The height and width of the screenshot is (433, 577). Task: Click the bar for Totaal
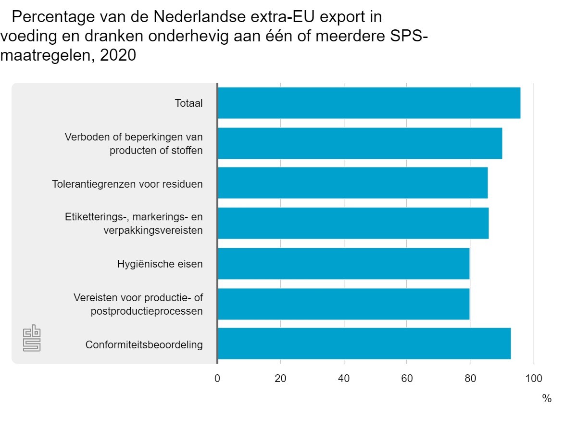click(369, 103)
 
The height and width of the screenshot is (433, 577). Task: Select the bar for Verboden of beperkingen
click(360, 143)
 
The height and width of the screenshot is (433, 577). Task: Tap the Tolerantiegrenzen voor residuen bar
click(352, 183)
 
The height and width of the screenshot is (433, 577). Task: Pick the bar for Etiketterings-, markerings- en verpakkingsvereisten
click(353, 223)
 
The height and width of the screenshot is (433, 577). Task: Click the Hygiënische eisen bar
click(343, 264)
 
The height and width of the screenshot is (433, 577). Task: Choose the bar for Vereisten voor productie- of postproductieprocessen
click(343, 304)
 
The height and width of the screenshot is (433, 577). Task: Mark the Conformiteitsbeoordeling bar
click(364, 344)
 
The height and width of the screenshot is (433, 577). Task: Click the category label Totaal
click(188, 103)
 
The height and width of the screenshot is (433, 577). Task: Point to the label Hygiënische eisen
click(160, 264)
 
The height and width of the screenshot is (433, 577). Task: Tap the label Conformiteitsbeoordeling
click(144, 345)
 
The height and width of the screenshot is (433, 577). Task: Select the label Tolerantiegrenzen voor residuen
click(127, 184)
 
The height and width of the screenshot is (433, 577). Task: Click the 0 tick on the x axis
click(217, 378)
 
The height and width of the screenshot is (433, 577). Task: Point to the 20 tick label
click(280, 378)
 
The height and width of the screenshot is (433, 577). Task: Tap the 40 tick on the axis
click(343, 378)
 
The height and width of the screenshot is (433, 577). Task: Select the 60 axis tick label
click(407, 378)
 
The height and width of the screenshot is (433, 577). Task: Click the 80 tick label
click(470, 378)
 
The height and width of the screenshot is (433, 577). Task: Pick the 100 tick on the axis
click(533, 378)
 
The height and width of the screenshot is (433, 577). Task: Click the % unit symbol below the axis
click(547, 398)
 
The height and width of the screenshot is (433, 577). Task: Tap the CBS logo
click(32, 340)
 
